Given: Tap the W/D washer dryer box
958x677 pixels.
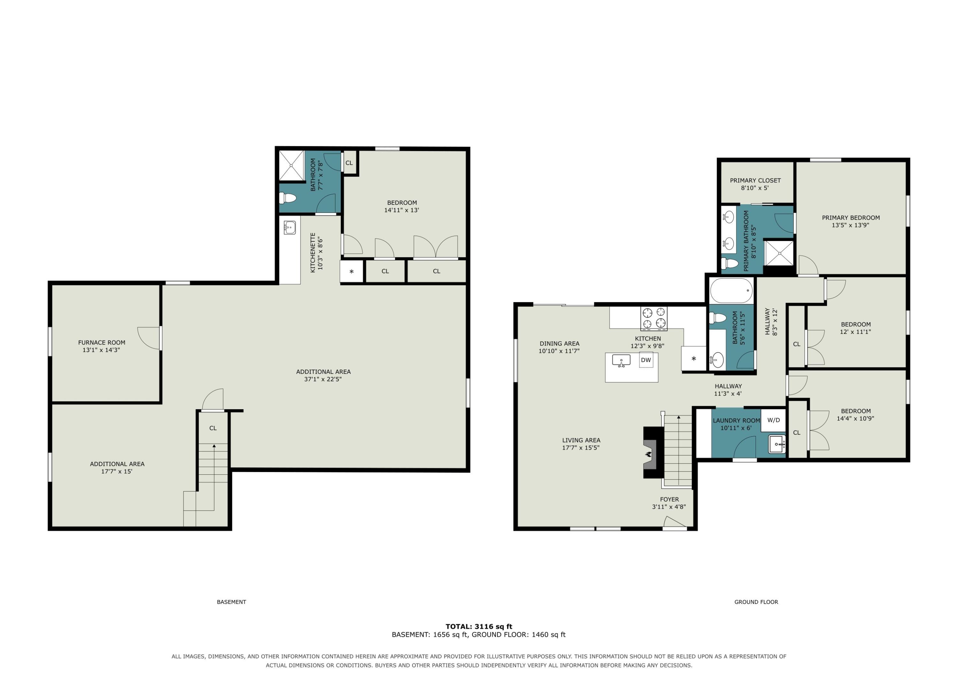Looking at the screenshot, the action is click(x=773, y=420).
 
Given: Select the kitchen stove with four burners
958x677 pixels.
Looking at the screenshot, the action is click(x=654, y=318).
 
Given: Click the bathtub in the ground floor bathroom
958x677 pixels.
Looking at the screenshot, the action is click(x=732, y=291).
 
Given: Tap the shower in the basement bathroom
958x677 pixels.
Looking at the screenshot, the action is click(x=292, y=165).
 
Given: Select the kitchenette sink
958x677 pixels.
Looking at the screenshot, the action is click(x=290, y=228).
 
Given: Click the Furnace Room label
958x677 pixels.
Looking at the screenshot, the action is click(x=102, y=342).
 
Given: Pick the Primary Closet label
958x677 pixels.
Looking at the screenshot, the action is click(x=755, y=181).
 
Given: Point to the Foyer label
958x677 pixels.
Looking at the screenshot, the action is click(x=669, y=499).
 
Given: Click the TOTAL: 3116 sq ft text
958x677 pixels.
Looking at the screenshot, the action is click(x=479, y=626).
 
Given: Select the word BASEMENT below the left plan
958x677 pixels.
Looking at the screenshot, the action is click(x=232, y=602).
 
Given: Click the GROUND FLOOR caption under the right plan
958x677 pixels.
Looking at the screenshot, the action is click(x=756, y=602).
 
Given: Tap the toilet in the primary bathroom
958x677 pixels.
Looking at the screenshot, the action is click(x=729, y=263).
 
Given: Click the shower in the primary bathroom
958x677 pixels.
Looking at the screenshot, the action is click(x=779, y=252).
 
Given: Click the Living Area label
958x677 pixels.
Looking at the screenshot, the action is click(x=581, y=440).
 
